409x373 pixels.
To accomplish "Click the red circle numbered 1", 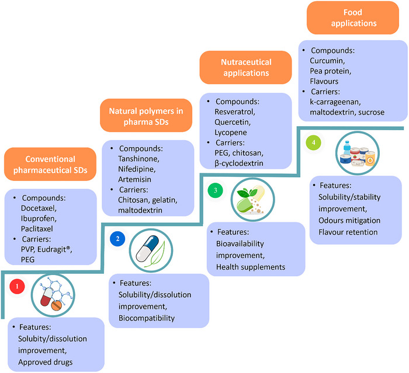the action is (17, 286).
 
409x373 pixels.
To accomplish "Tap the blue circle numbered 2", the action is (117, 239).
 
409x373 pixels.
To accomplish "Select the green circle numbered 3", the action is (216, 190).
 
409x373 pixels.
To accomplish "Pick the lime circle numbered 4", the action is (314, 142).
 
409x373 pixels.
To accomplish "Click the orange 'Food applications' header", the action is (353, 18).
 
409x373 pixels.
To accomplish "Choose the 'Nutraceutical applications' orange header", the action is (246, 68).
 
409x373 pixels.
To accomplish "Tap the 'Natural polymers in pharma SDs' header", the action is (146, 115).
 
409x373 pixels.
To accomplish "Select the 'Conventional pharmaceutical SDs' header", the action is (50, 164).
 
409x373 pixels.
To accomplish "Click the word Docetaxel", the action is (39, 208).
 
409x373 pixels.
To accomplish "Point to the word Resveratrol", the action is (235, 111).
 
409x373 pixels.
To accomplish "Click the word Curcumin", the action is (327, 61).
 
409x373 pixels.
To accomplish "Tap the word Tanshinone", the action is (138, 158).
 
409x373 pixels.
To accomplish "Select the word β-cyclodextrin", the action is (239, 163).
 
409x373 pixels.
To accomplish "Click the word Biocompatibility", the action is (147, 318).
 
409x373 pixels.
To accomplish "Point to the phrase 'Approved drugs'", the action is (46, 362).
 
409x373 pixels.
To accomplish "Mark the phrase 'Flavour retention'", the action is (348, 232).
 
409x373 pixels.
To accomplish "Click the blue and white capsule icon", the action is (147, 249).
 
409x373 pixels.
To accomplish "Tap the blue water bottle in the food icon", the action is (346, 148).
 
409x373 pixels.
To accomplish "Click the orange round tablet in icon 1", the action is (56, 305).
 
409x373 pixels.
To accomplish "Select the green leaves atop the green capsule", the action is (247, 193).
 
